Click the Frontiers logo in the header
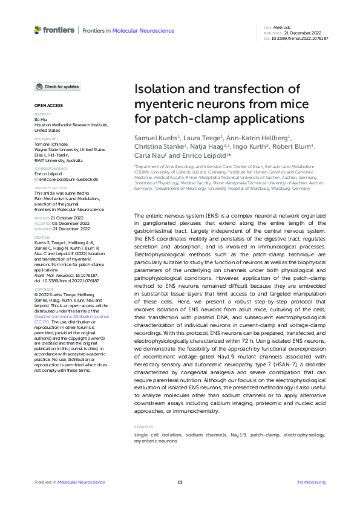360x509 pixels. pos(54,30)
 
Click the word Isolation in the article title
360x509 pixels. pos(159,89)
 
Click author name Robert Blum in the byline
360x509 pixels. pos(296,146)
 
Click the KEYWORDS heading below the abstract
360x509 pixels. pos(143,427)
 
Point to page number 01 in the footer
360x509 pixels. pos(180,482)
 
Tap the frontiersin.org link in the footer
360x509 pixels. pos(312,482)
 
